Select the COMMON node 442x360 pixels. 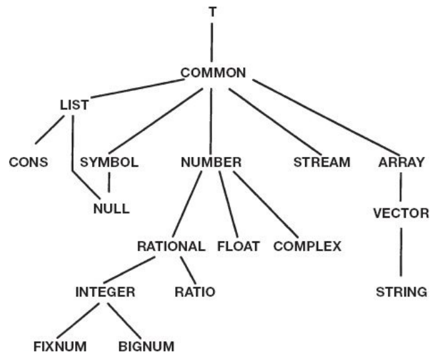(212, 73)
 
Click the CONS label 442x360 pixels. (29, 162)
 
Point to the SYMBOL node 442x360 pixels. (109, 162)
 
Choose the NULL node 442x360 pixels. (111, 210)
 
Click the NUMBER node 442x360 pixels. (212, 162)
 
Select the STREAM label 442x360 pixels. (322, 162)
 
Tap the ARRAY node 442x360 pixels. (401, 162)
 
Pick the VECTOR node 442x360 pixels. (401, 214)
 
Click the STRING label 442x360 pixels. (401, 291)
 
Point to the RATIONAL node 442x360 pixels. (171, 247)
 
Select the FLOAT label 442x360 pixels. (238, 247)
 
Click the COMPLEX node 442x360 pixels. (307, 247)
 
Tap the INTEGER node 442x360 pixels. (105, 291)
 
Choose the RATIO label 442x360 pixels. (195, 291)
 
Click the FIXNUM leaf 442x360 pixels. (60, 345)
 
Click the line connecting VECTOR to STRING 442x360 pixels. (401, 252)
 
